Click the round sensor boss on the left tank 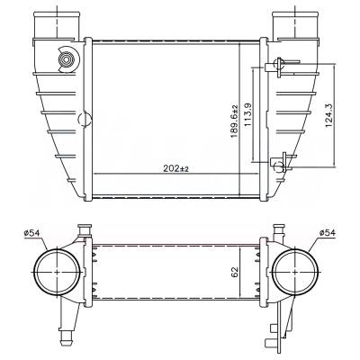[66, 60]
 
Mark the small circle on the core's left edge [86, 118]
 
